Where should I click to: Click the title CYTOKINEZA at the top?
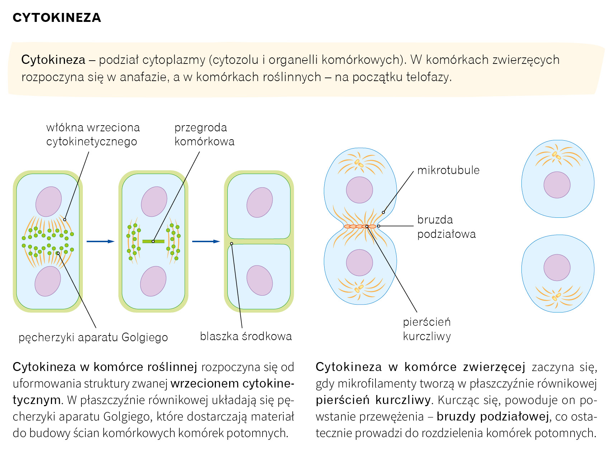point(57,18)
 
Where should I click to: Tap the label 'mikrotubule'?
point(448,170)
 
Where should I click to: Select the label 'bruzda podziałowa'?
point(446,227)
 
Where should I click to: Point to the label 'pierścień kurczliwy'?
point(427,329)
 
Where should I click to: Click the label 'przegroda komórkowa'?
point(204,135)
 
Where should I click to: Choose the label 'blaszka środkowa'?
point(246,336)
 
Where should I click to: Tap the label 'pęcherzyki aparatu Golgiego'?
point(93,337)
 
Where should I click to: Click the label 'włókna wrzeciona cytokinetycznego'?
point(93,135)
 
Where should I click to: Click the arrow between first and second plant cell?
point(100,241)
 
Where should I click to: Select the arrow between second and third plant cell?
point(206,241)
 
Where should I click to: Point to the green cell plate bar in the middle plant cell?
point(153,241)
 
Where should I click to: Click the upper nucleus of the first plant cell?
point(48,202)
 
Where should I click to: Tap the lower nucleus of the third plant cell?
point(260,280)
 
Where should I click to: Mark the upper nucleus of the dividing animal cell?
point(359,190)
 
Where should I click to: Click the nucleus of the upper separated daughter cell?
point(557,185)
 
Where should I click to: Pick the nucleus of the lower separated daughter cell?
point(557,268)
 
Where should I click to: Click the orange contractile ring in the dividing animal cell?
point(360,226)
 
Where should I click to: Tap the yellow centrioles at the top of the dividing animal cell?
point(359,163)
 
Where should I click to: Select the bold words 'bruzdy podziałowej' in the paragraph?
point(492,417)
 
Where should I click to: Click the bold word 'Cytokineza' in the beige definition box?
point(53,60)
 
